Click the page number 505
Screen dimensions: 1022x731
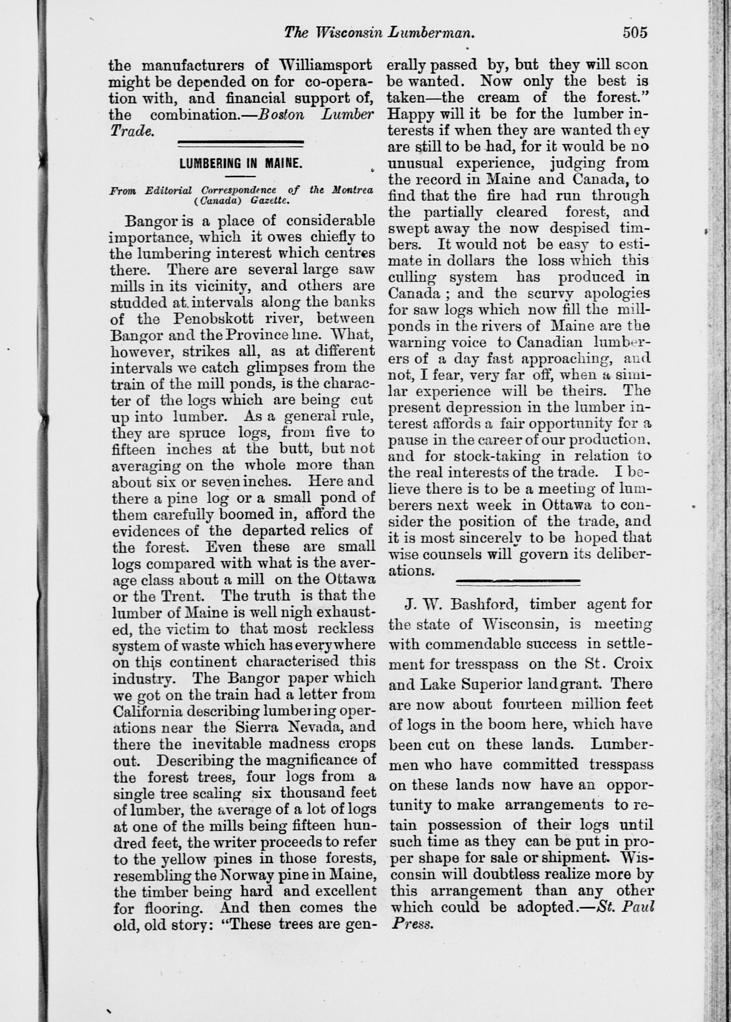pos(635,33)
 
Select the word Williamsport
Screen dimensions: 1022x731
pos(325,65)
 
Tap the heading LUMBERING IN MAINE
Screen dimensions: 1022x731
pos(241,163)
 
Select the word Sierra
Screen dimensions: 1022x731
pos(255,727)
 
